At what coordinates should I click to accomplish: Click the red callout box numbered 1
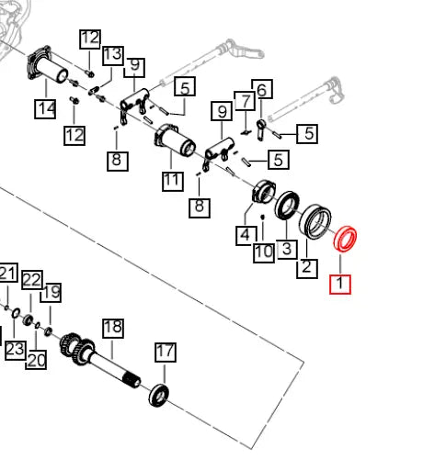[x=340, y=285]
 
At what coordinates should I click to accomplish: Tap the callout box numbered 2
[x=307, y=268]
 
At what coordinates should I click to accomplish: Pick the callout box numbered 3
[x=286, y=249]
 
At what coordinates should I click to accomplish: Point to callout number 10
[x=264, y=252]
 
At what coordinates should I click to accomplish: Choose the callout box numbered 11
[x=173, y=181]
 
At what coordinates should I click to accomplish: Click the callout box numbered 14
[x=45, y=108]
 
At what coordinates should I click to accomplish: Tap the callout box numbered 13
[x=113, y=55]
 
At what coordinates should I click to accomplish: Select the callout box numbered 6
[x=262, y=89]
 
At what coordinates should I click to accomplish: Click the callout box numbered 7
[x=245, y=101]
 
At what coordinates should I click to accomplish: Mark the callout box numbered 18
[x=113, y=329]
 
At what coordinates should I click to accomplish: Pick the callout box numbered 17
[x=166, y=353]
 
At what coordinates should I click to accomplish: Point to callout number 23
[x=15, y=349]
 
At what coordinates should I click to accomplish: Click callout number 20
[x=36, y=359]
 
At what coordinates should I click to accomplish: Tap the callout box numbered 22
[x=32, y=280]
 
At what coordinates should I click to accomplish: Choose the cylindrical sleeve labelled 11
[x=175, y=141]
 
